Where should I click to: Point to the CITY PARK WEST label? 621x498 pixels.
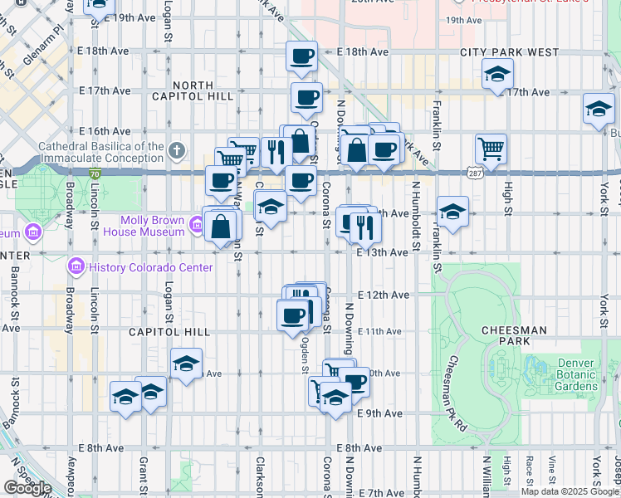coord(511,52)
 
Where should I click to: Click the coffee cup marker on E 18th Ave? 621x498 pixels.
coord(301,56)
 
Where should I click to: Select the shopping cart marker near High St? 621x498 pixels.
coord(491,149)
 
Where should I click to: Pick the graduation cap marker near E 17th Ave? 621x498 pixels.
coord(496,76)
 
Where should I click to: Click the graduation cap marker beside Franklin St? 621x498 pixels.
coord(453,212)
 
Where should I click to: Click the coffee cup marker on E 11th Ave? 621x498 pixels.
coord(293,315)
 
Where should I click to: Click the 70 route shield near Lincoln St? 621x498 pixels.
coord(95,173)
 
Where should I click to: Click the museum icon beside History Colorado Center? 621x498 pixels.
coord(76,267)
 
